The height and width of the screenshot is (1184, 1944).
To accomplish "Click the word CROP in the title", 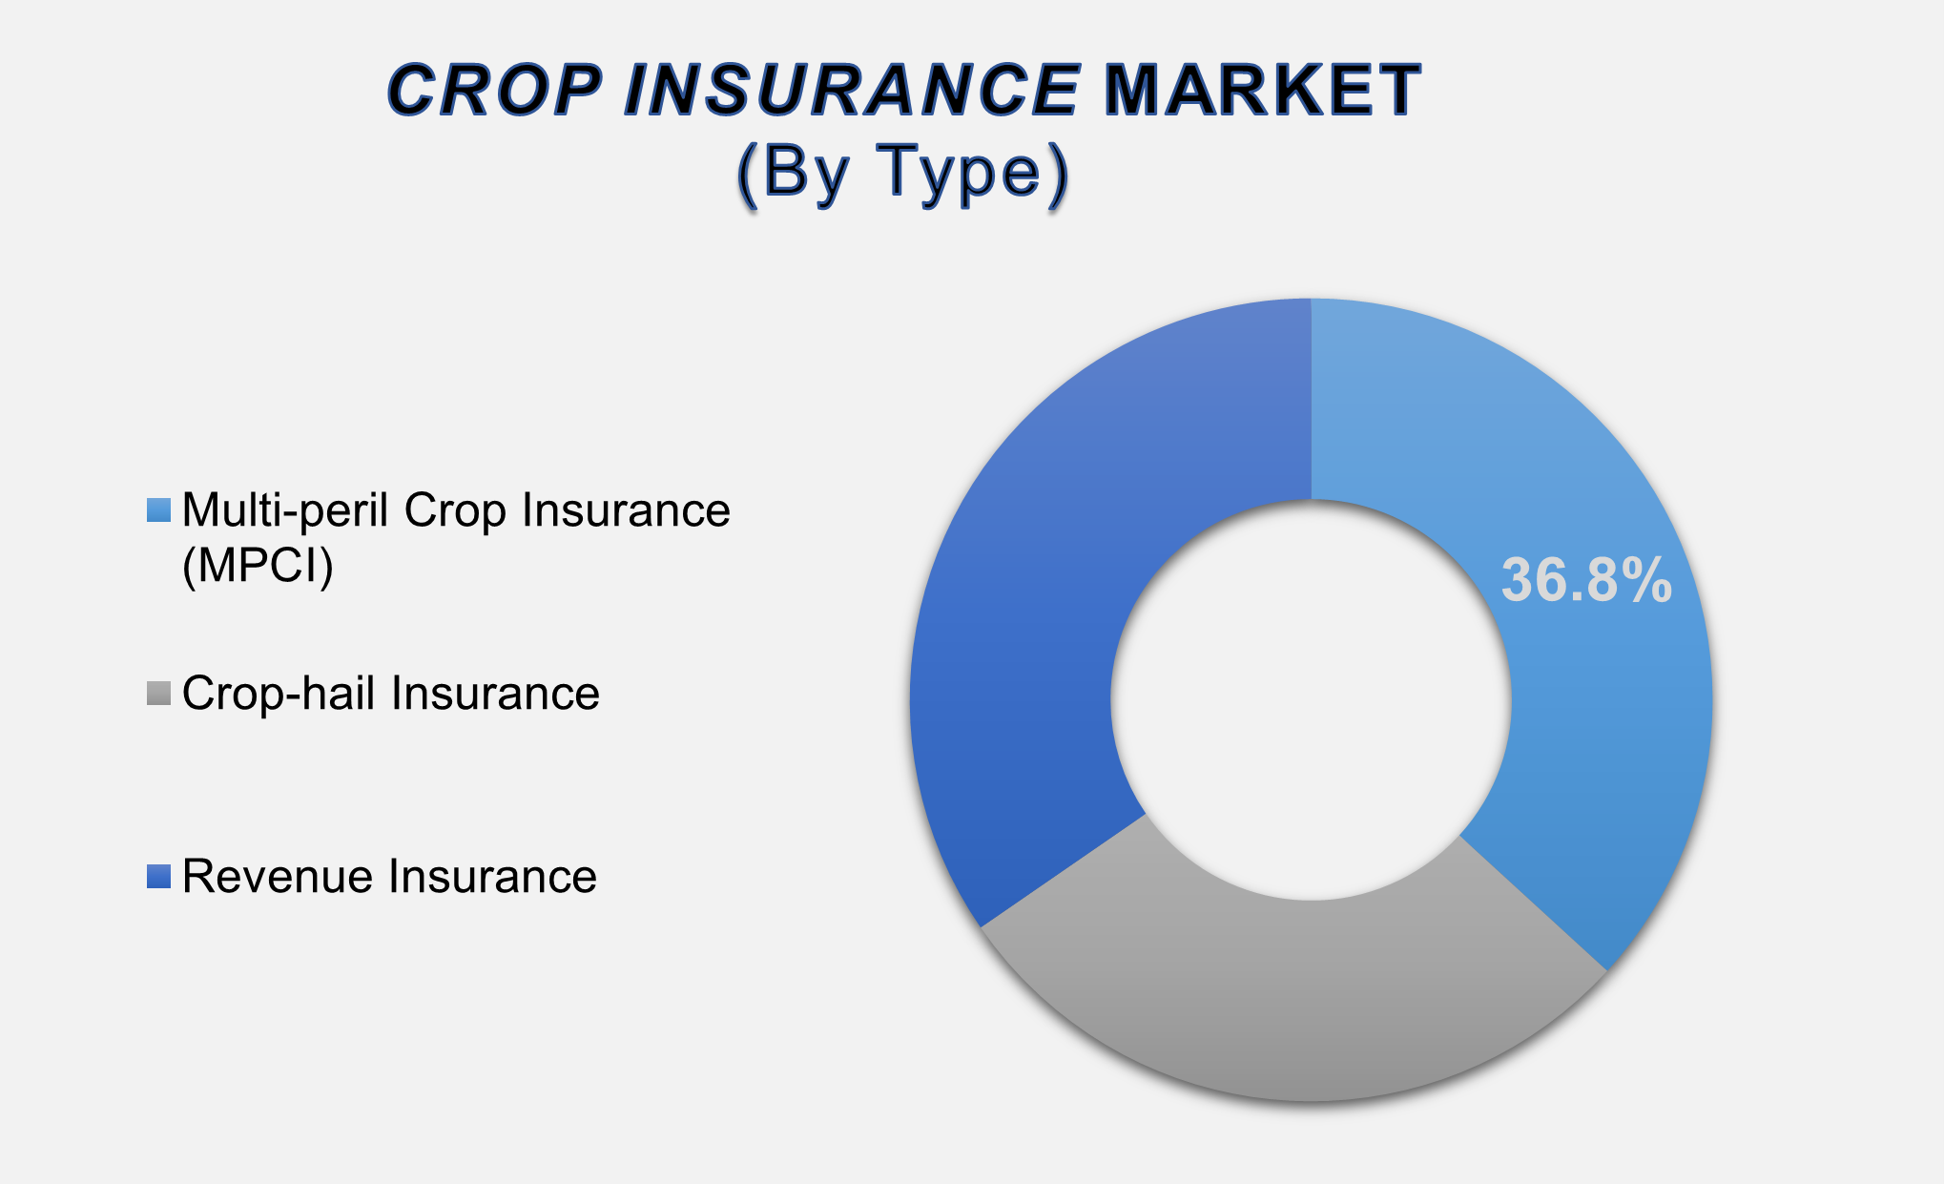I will (x=494, y=91).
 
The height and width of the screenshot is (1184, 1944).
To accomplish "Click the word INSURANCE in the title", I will (x=852, y=91).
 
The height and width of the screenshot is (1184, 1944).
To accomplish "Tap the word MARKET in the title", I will (x=1262, y=91).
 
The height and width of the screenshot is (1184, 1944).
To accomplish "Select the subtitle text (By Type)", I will (x=902, y=173).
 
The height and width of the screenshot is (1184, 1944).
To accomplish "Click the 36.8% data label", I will (x=1585, y=580).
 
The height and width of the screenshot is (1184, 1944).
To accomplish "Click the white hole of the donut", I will (x=1311, y=699).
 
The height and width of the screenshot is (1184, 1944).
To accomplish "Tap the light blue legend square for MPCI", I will (x=158, y=510).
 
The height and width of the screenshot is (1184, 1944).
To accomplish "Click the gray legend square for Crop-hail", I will (x=158, y=694).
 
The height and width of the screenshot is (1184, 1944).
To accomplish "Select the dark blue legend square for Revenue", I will (x=158, y=877).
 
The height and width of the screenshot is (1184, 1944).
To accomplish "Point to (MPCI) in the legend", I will (x=258, y=566).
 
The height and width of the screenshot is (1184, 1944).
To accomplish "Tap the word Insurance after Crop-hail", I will (x=495, y=694).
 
